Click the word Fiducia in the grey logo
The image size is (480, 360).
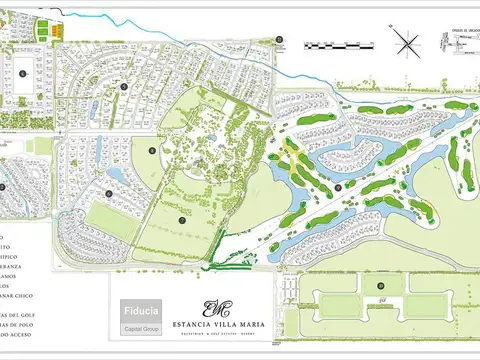click(140, 310)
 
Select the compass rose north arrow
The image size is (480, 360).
click(406, 42)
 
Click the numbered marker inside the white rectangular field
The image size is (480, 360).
click(20, 71)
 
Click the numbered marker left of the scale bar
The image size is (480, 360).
click(281, 39)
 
